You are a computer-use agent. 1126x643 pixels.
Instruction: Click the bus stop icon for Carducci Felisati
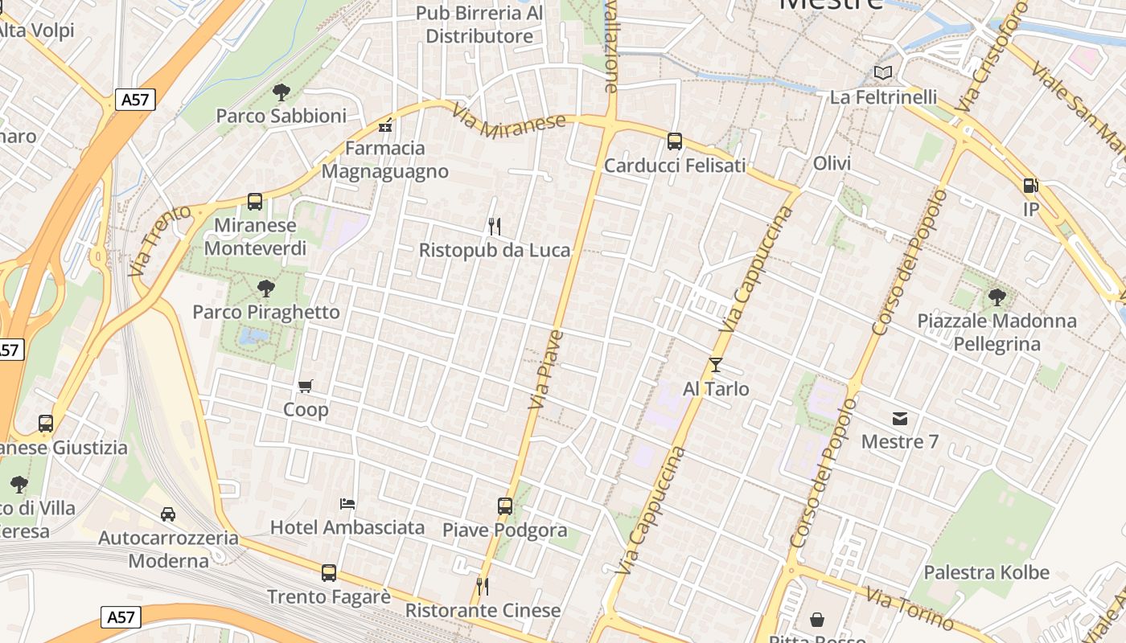pyautogui.click(x=674, y=141)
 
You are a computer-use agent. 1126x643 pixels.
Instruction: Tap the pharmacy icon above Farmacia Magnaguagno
pyautogui.click(x=385, y=125)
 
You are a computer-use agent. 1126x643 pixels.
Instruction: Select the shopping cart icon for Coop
pyautogui.click(x=305, y=387)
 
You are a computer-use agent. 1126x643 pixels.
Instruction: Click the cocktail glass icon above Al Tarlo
pyautogui.click(x=716, y=365)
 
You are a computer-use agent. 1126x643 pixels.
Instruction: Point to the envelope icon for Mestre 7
pyautogui.click(x=899, y=418)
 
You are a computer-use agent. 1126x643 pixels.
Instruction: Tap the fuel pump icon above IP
pyautogui.click(x=1029, y=186)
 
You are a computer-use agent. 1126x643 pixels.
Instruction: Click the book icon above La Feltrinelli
pyautogui.click(x=883, y=73)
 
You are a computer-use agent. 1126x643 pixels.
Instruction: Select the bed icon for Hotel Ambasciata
pyautogui.click(x=347, y=504)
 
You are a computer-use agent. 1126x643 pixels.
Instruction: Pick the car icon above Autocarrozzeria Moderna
pyautogui.click(x=168, y=514)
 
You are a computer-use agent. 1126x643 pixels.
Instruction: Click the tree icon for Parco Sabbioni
pyautogui.click(x=281, y=92)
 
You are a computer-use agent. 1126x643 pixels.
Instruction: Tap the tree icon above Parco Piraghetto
pyautogui.click(x=265, y=289)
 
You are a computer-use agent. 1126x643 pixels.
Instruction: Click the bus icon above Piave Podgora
pyautogui.click(x=505, y=506)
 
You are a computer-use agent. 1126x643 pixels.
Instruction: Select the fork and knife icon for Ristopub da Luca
pyautogui.click(x=495, y=227)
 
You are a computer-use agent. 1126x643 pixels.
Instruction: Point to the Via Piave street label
pyautogui.click(x=546, y=369)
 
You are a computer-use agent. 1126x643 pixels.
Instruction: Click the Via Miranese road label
pyautogui.click(x=509, y=121)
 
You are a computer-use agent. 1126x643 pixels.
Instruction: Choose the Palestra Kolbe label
pyautogui.click(x=986, y=572)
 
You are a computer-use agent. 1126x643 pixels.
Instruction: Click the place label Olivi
pyautogui.click(x=832, y=163)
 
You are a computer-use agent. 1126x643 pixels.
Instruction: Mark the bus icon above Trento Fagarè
pyautogui.click(x=329, y=573)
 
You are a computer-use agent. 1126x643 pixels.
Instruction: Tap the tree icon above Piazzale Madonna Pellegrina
pyautogui.click(x=997, y=297)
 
